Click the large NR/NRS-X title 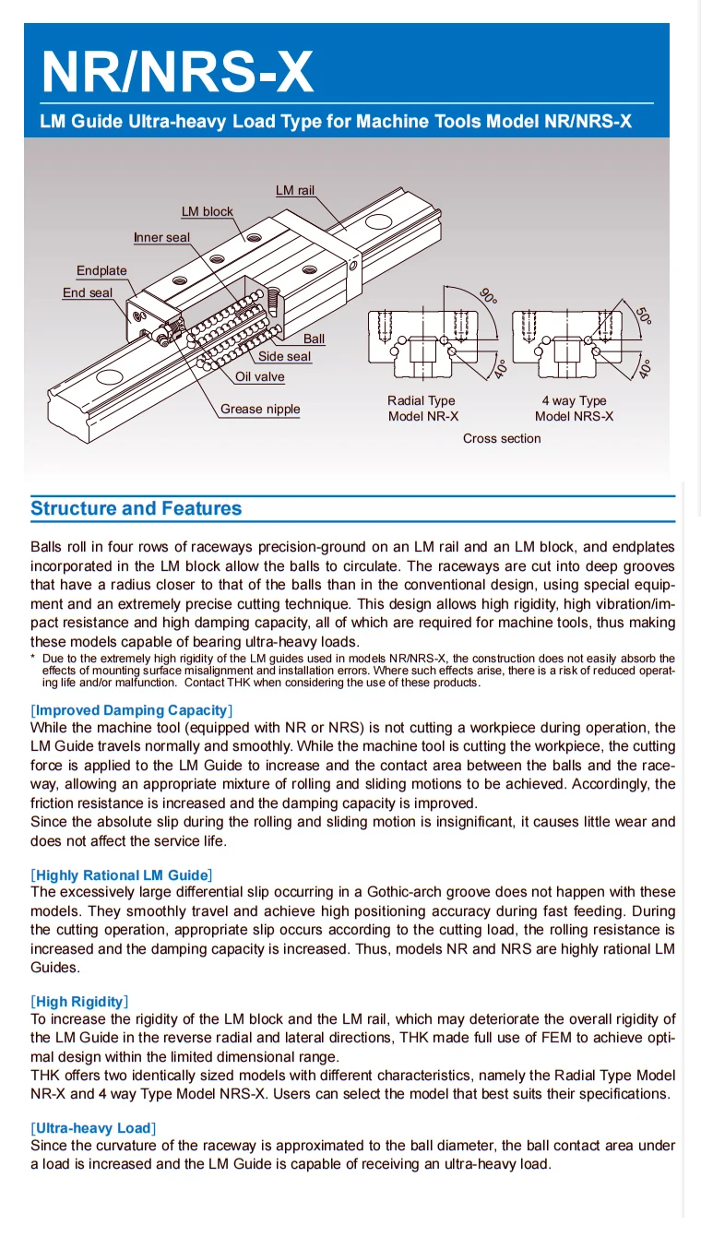177,71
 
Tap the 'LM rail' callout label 295,190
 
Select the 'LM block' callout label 207,211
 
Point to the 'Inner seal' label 161,237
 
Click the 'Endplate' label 101,270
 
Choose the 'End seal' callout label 88,292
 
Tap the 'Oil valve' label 260,376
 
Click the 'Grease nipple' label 260,409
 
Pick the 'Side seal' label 284,356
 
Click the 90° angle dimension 489,296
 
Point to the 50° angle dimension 643,315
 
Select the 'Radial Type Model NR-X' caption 422,408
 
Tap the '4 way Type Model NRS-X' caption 574,408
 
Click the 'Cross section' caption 502,438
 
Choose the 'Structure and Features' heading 137,508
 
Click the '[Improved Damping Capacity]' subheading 132,710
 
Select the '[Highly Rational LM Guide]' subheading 122,874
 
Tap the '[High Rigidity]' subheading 79,1002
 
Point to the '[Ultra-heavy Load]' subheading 93,1128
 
